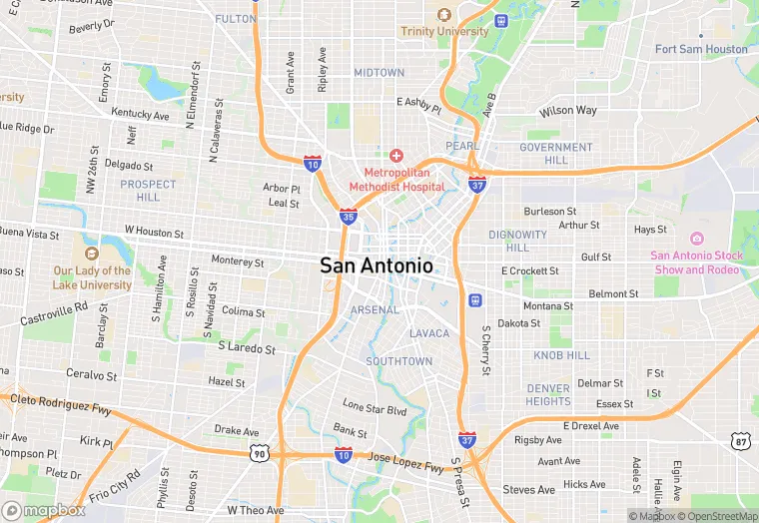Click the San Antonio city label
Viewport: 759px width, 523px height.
pos(377,266)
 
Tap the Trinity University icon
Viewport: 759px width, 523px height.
pos(444,15)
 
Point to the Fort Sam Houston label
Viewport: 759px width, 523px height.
pos(701,49)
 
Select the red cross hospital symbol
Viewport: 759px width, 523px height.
pos(396,155)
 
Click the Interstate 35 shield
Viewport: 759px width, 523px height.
pos(349,216)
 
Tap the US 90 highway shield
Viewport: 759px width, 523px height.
pos(258,454)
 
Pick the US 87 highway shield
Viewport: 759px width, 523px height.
pos(739,440)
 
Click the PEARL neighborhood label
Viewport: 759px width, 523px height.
pos(462,146)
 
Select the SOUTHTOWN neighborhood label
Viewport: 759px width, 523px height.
pos(398,361)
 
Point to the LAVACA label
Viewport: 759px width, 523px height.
pos(429,333)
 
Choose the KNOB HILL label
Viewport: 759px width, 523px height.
pos(561,355)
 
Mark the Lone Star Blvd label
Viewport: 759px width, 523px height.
pos(375,409)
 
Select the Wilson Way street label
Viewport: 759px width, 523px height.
pos(567,111)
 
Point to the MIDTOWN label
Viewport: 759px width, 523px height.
pos(379,73)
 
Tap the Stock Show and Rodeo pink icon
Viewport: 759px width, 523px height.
pos(696,238)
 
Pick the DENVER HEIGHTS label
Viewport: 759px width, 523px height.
pos(548,394)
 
